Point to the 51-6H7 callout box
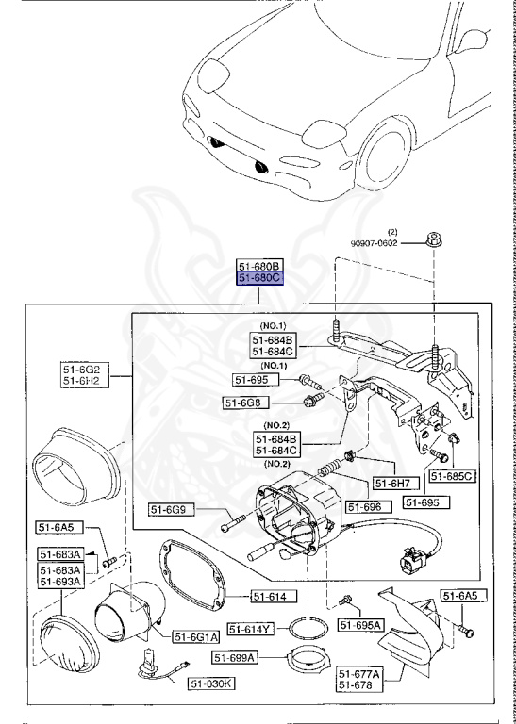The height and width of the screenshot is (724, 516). tap(392, 484)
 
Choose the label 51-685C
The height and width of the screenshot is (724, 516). tap(452, 477)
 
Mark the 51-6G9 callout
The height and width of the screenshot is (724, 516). tap(172, 510)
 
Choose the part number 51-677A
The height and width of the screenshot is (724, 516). tap(359, 674)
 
